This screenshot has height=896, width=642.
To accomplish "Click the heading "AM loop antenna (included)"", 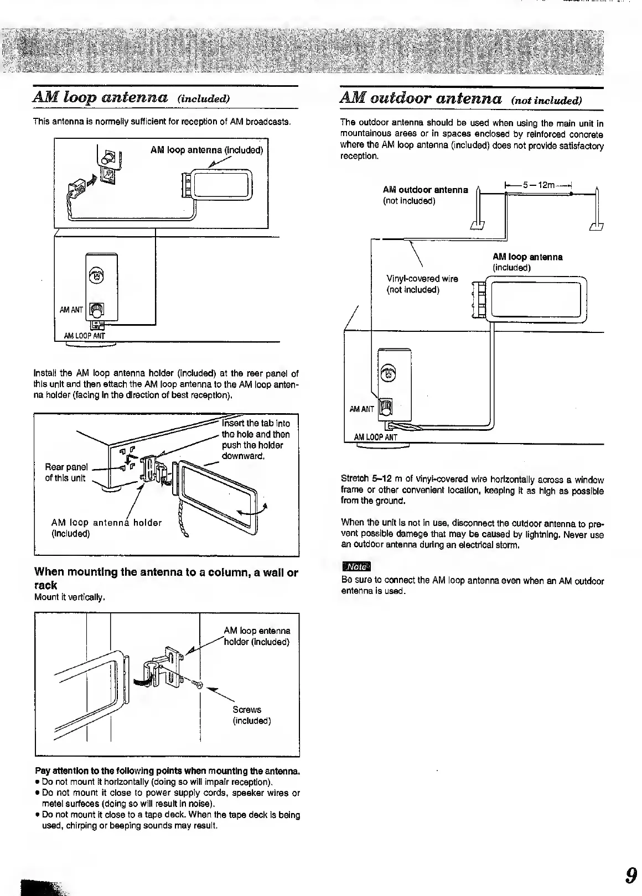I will [132, 98].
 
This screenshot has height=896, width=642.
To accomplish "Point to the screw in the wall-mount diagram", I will [199, 686].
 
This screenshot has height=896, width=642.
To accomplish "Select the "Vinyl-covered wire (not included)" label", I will [422, 284].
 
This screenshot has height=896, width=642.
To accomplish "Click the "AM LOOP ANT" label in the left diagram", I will [84, 336].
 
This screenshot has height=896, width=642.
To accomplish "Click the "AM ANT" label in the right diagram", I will [362, 409].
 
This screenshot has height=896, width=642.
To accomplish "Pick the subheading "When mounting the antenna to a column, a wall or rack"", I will [166, 579].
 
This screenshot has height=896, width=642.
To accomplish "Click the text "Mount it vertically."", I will [70, 597].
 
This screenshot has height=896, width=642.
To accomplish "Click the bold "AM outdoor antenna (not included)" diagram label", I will [425, 195].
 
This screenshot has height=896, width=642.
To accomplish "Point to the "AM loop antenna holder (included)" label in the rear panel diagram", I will [106, 528].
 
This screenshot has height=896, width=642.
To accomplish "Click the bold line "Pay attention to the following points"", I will [167, 771].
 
